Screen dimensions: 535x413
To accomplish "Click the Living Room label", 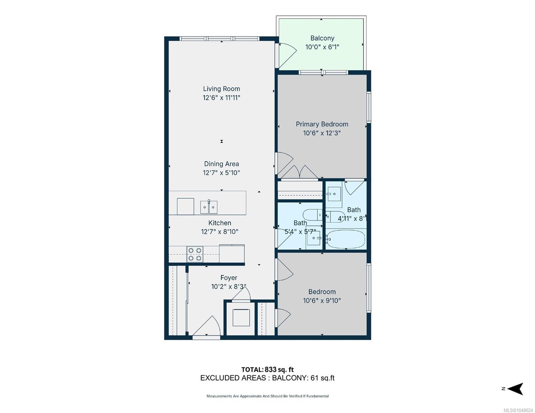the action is point(221,89).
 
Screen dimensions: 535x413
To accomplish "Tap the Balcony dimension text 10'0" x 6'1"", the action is point(322,47).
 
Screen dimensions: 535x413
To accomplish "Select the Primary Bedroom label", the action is point(322,124).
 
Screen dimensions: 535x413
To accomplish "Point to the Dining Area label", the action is point(221,164).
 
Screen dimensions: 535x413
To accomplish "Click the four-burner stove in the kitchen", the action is point(195,254).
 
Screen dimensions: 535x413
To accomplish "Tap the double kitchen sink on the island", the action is point(209,207).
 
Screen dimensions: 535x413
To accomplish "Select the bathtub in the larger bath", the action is point(346,239).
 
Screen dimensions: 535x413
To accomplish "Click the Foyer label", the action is point(229,278).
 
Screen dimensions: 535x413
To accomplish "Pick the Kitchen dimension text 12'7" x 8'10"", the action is point(219,232).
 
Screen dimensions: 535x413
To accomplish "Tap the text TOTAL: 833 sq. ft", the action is point(267,369).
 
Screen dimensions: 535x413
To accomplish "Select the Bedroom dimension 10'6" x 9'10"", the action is point(322,300).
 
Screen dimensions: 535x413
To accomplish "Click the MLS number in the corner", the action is point(519,410).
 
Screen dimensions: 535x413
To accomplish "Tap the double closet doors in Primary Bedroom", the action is point(300,172).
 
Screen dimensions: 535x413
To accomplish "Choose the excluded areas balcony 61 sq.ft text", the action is point(267,378).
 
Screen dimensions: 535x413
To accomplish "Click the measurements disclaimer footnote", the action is point(267,396).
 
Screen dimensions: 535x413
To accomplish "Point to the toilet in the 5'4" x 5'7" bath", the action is point(312,215).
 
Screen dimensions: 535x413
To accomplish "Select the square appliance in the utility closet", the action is point(241,317).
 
